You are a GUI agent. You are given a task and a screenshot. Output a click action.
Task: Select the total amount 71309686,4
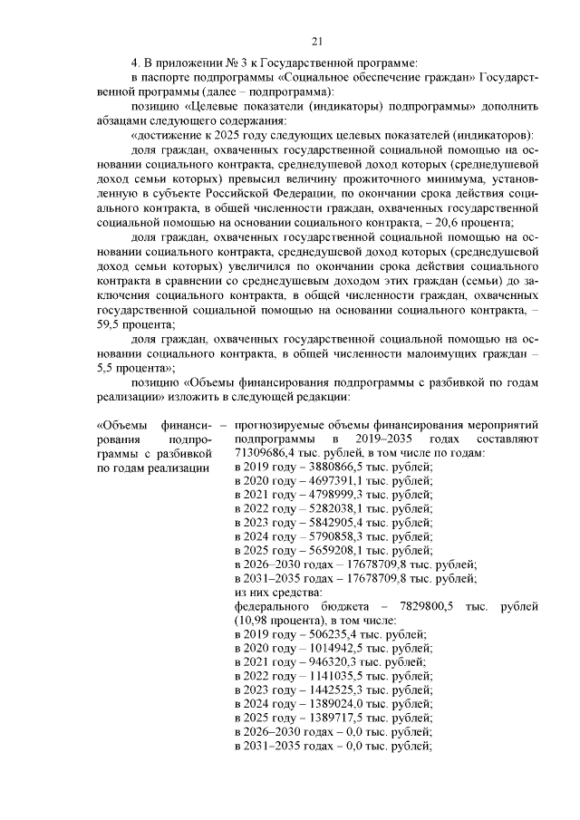tap(266, 452)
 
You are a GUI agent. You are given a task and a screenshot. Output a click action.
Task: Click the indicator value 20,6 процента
tap(482, 223)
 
